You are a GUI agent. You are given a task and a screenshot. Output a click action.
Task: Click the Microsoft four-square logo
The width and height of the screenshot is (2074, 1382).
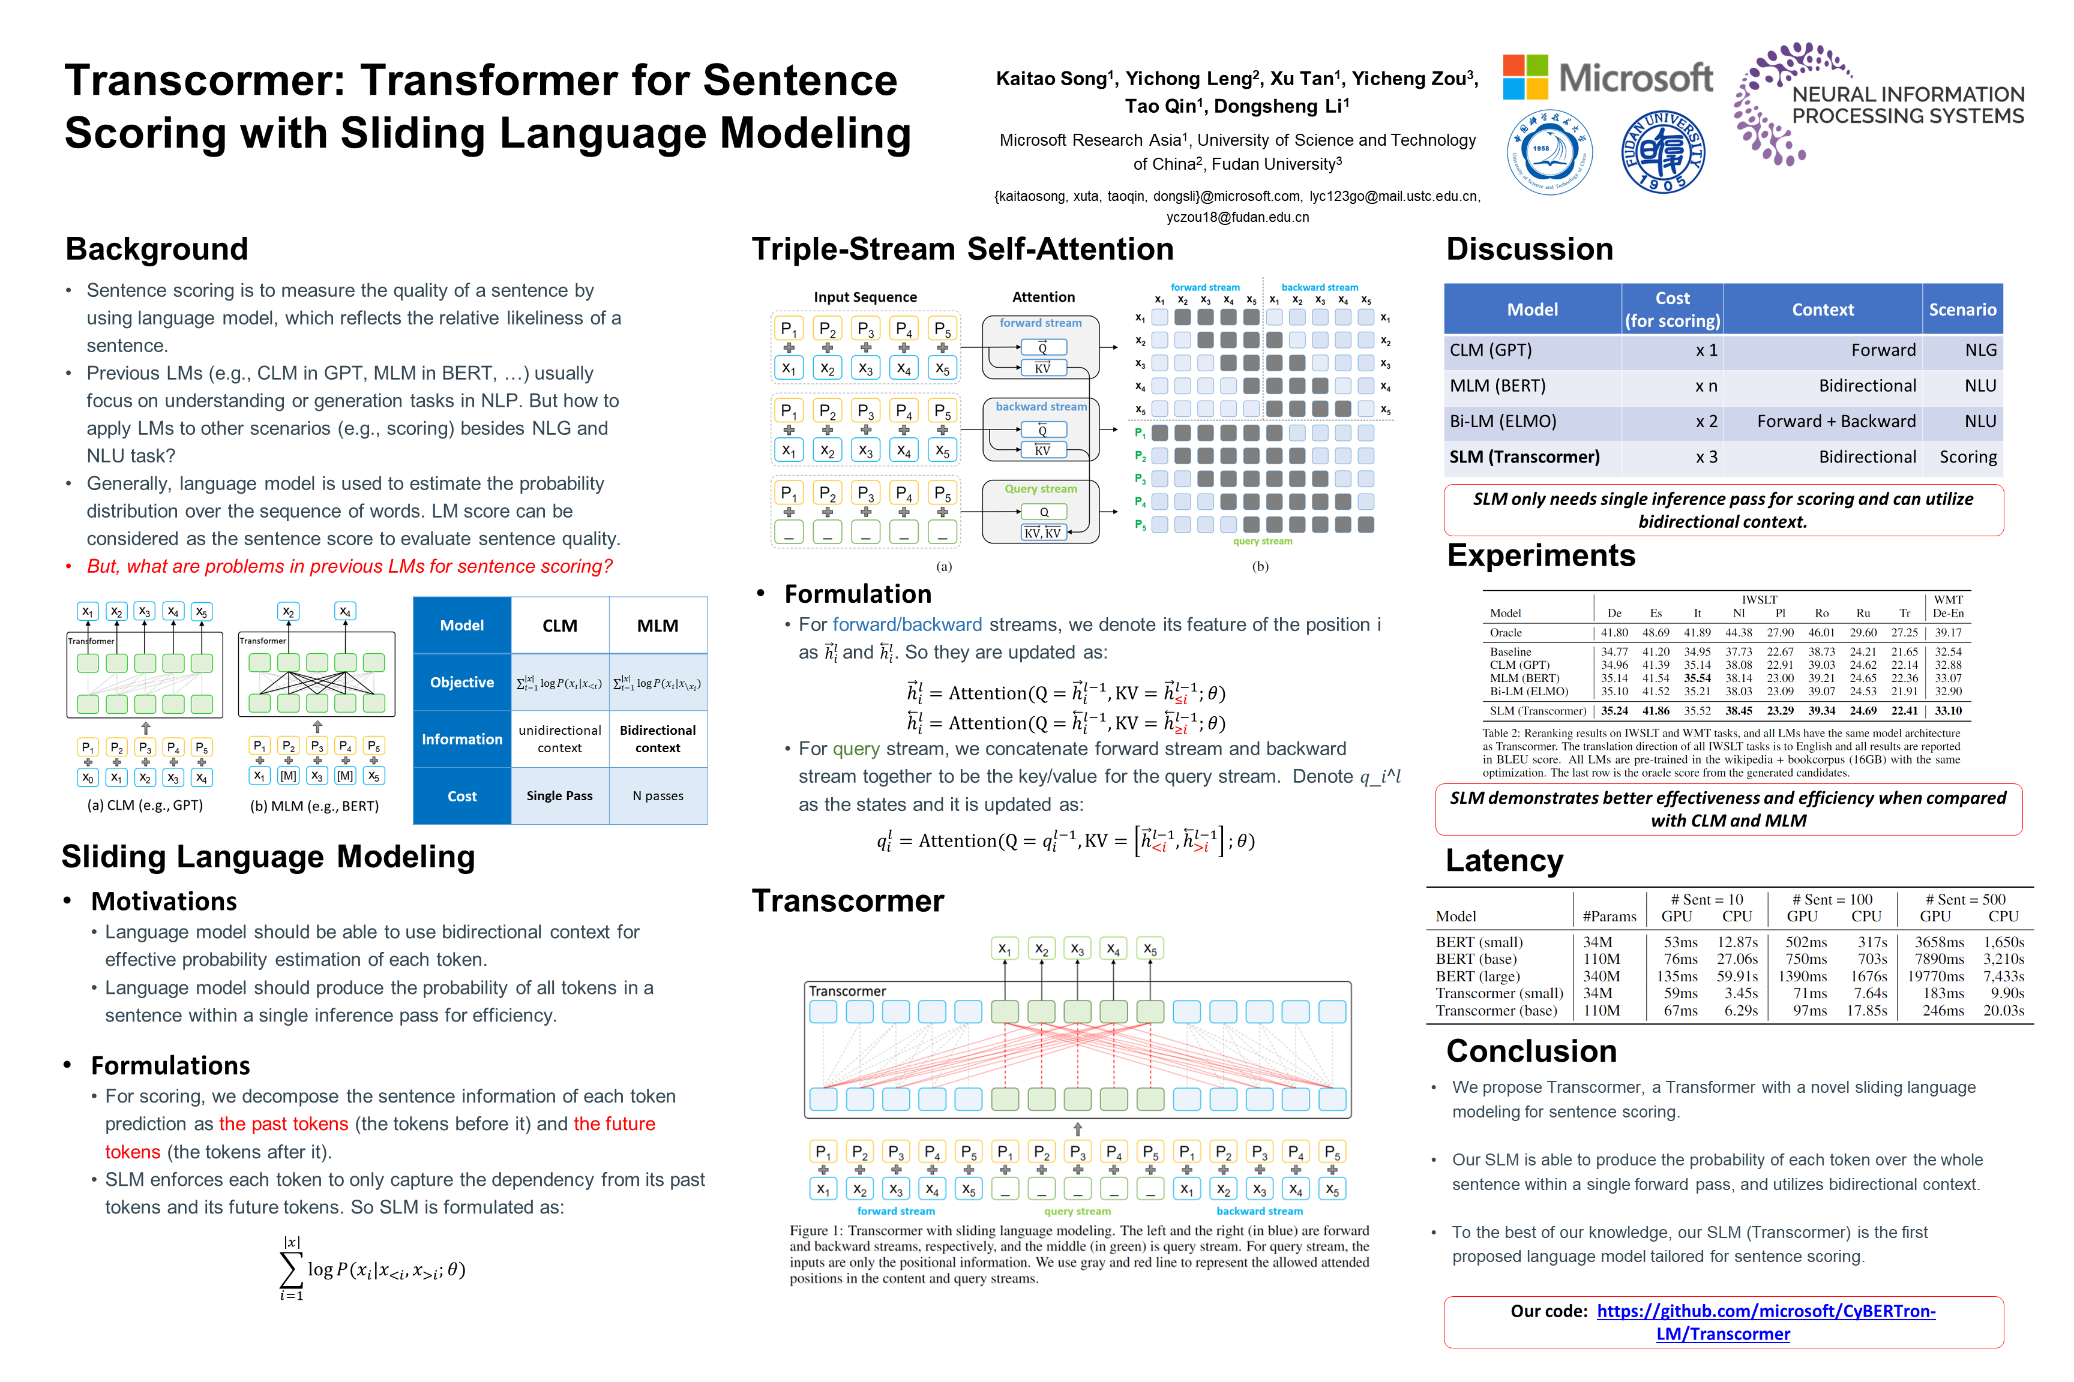tap(1525, 77)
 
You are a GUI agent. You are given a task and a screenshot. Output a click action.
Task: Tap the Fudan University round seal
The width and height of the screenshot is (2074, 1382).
tap(1662, 152)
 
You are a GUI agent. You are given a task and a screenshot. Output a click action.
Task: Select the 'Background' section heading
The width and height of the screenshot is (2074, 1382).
tap(157, 250)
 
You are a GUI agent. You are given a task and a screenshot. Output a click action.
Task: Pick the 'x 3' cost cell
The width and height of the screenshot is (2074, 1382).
tap(1706, 456)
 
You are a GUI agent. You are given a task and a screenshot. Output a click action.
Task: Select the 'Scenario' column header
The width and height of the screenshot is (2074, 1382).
tap(1961, 310)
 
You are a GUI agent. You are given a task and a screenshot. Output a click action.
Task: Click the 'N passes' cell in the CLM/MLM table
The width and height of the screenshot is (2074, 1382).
tap(657, 796)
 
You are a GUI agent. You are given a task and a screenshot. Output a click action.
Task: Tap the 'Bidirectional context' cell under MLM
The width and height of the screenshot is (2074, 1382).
tap(657, 738)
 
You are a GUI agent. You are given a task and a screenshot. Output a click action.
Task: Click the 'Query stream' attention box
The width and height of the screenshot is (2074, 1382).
tap(1041, 511)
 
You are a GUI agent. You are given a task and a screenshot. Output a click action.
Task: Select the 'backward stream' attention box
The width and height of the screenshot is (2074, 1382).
tap(1041, 429)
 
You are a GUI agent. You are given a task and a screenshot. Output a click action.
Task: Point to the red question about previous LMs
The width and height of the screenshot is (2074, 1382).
tap(349, 566)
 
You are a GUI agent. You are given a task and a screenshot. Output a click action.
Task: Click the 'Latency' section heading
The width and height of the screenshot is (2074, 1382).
tap(1504, 860)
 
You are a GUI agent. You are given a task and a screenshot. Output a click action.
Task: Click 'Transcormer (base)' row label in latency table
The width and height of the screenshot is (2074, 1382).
tap(1495, 1010)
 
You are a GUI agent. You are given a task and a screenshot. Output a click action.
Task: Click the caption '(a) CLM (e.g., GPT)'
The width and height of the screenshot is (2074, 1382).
tap(145, 805)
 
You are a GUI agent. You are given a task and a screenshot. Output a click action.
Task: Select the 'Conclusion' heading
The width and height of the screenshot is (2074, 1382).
tap(1531, 1051)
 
